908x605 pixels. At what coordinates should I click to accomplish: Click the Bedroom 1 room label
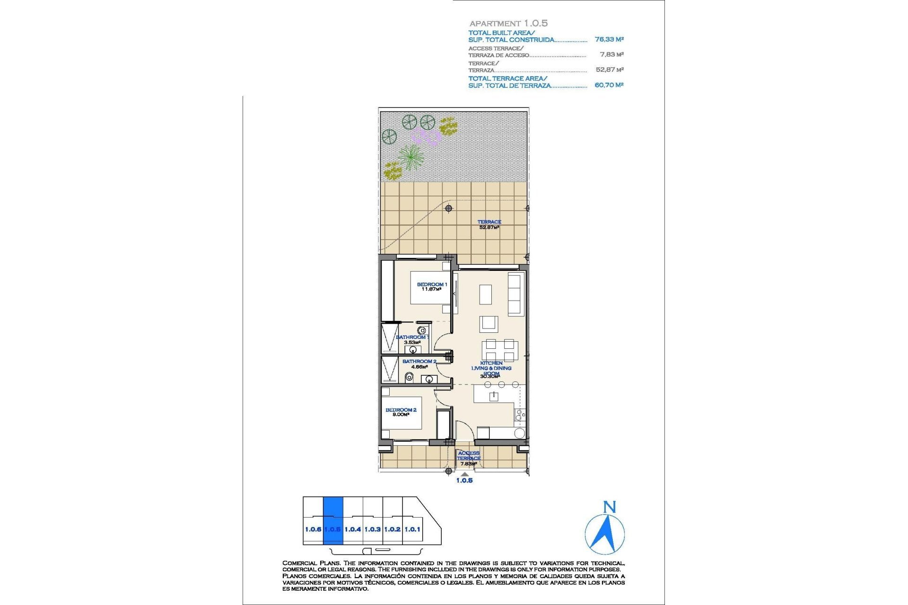(431, 286)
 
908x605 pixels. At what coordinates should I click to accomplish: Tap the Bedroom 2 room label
(401, 412)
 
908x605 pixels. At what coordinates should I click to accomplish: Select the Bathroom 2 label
(419, 363)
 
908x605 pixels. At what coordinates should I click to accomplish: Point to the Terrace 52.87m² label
(489, 225)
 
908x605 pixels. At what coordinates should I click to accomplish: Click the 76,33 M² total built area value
(609, 40)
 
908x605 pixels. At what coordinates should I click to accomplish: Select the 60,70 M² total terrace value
(609, 85)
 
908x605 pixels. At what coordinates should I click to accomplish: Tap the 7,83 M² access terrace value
(611, 55)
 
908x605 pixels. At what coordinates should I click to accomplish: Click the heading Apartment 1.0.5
(508, 23)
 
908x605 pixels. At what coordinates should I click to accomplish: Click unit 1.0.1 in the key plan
(412, 529)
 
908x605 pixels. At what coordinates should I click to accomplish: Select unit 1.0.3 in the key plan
(373, 529)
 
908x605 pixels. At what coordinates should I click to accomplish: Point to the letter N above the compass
(610, 507)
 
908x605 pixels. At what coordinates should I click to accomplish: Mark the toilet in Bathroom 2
(410, 377)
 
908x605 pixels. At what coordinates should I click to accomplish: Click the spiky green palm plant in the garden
(410, 156)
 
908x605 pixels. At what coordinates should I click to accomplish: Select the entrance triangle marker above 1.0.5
(465, 474)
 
